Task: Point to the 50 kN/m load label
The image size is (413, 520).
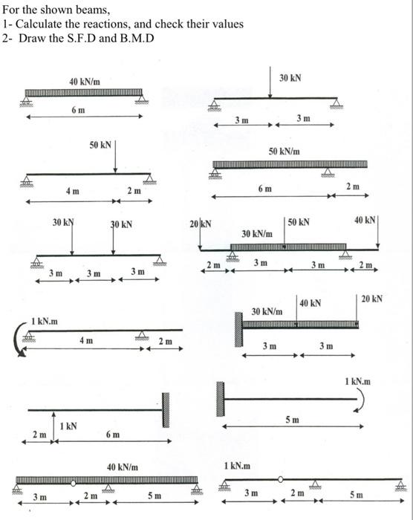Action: (x=284, y=151)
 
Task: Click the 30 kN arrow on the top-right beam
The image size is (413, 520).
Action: (x=270, y=85)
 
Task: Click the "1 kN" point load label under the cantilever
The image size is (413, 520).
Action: (x=68, y=426)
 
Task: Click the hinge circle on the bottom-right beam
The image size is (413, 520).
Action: (x=280, y=479)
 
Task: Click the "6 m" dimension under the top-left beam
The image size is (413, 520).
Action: (x=77, y=109)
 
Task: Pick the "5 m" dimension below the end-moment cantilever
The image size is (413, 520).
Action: (x=293, y=420)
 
